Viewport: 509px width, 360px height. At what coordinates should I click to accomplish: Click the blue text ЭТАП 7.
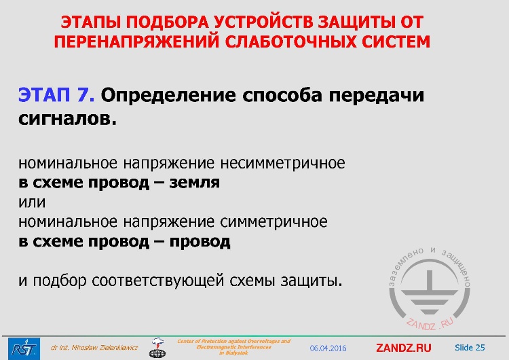point(58,95)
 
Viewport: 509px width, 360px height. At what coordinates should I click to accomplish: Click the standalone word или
point(32,202)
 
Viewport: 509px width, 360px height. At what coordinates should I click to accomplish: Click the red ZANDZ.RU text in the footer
point(403,348)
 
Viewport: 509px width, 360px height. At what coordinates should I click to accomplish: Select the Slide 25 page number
point(470,348)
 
